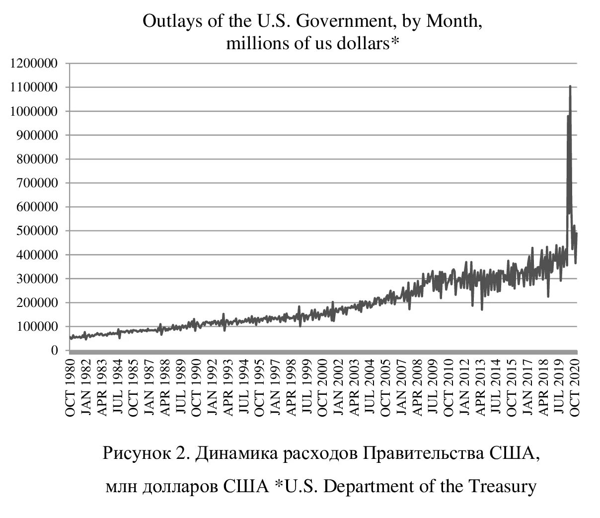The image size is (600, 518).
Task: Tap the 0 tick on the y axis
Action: click(x=56, y=351)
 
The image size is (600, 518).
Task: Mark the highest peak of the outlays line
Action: click(x=570, y=86)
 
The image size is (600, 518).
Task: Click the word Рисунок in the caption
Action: click(x=133, y=453)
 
